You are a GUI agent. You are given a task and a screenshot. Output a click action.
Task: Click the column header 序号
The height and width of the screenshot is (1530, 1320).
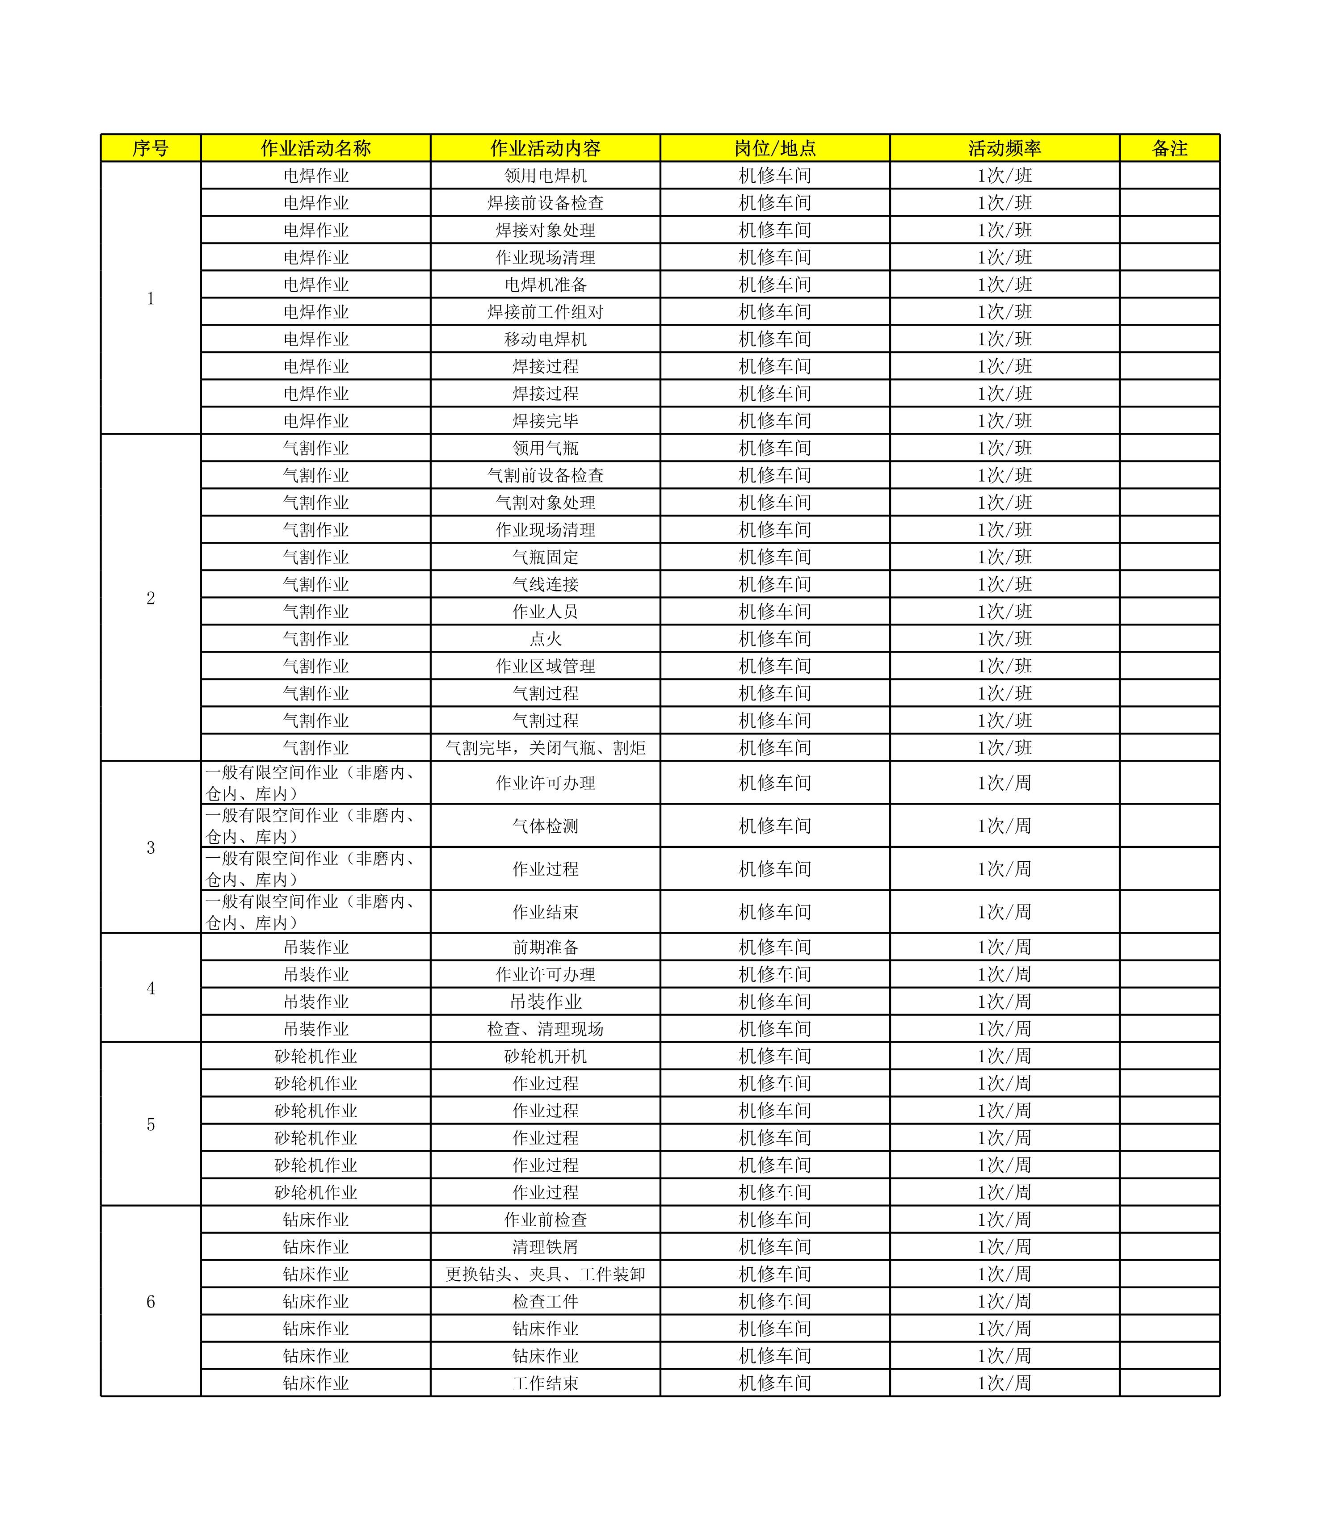click(x=150, y=148)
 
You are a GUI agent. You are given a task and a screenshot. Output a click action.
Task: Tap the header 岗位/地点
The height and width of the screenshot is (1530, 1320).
click(x=775, y=148)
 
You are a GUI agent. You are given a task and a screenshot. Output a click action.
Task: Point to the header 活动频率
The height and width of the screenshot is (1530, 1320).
click(x=1005, y=148)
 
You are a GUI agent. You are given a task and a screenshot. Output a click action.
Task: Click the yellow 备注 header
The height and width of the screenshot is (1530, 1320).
click(x=1169, y=148)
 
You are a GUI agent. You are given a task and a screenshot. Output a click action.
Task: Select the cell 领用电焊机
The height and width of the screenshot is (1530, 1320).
click(x=545, y=176)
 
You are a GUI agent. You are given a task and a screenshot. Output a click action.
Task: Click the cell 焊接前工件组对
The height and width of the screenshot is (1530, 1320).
click(x=545, y=312)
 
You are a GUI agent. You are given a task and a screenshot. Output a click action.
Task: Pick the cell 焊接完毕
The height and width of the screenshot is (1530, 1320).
click(x=545, y=421)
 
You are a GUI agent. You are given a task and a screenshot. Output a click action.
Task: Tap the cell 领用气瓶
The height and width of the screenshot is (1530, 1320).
click(x=545, y=448)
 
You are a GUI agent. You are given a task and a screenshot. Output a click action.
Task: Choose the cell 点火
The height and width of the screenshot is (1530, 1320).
click(x=545, y=639)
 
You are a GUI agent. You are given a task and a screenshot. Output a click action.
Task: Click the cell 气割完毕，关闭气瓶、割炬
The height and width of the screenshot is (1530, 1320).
click(x=545, y=748)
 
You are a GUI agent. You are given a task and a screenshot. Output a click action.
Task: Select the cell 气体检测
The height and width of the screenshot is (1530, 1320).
click(x=545, y=826)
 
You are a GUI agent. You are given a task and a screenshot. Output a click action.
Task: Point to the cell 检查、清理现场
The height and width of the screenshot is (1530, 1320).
click(x=545, y=1029)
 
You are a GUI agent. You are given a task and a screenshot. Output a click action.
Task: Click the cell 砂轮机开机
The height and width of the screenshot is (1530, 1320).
click(x=545, y=1056)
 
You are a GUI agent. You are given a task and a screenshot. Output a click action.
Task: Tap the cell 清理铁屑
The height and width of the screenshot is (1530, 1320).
click(x=545, y=1246)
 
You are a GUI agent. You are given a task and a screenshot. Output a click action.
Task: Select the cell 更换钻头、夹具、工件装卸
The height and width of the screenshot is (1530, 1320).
click(x=545, y=1274)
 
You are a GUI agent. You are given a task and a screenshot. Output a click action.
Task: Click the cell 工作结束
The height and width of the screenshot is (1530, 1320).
click(x=545, y=1383)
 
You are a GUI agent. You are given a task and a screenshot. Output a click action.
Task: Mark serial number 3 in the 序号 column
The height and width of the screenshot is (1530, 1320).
click(x=151, y=847)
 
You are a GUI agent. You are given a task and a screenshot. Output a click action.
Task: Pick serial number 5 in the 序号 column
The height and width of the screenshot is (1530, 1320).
click(x=151, y=1124)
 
